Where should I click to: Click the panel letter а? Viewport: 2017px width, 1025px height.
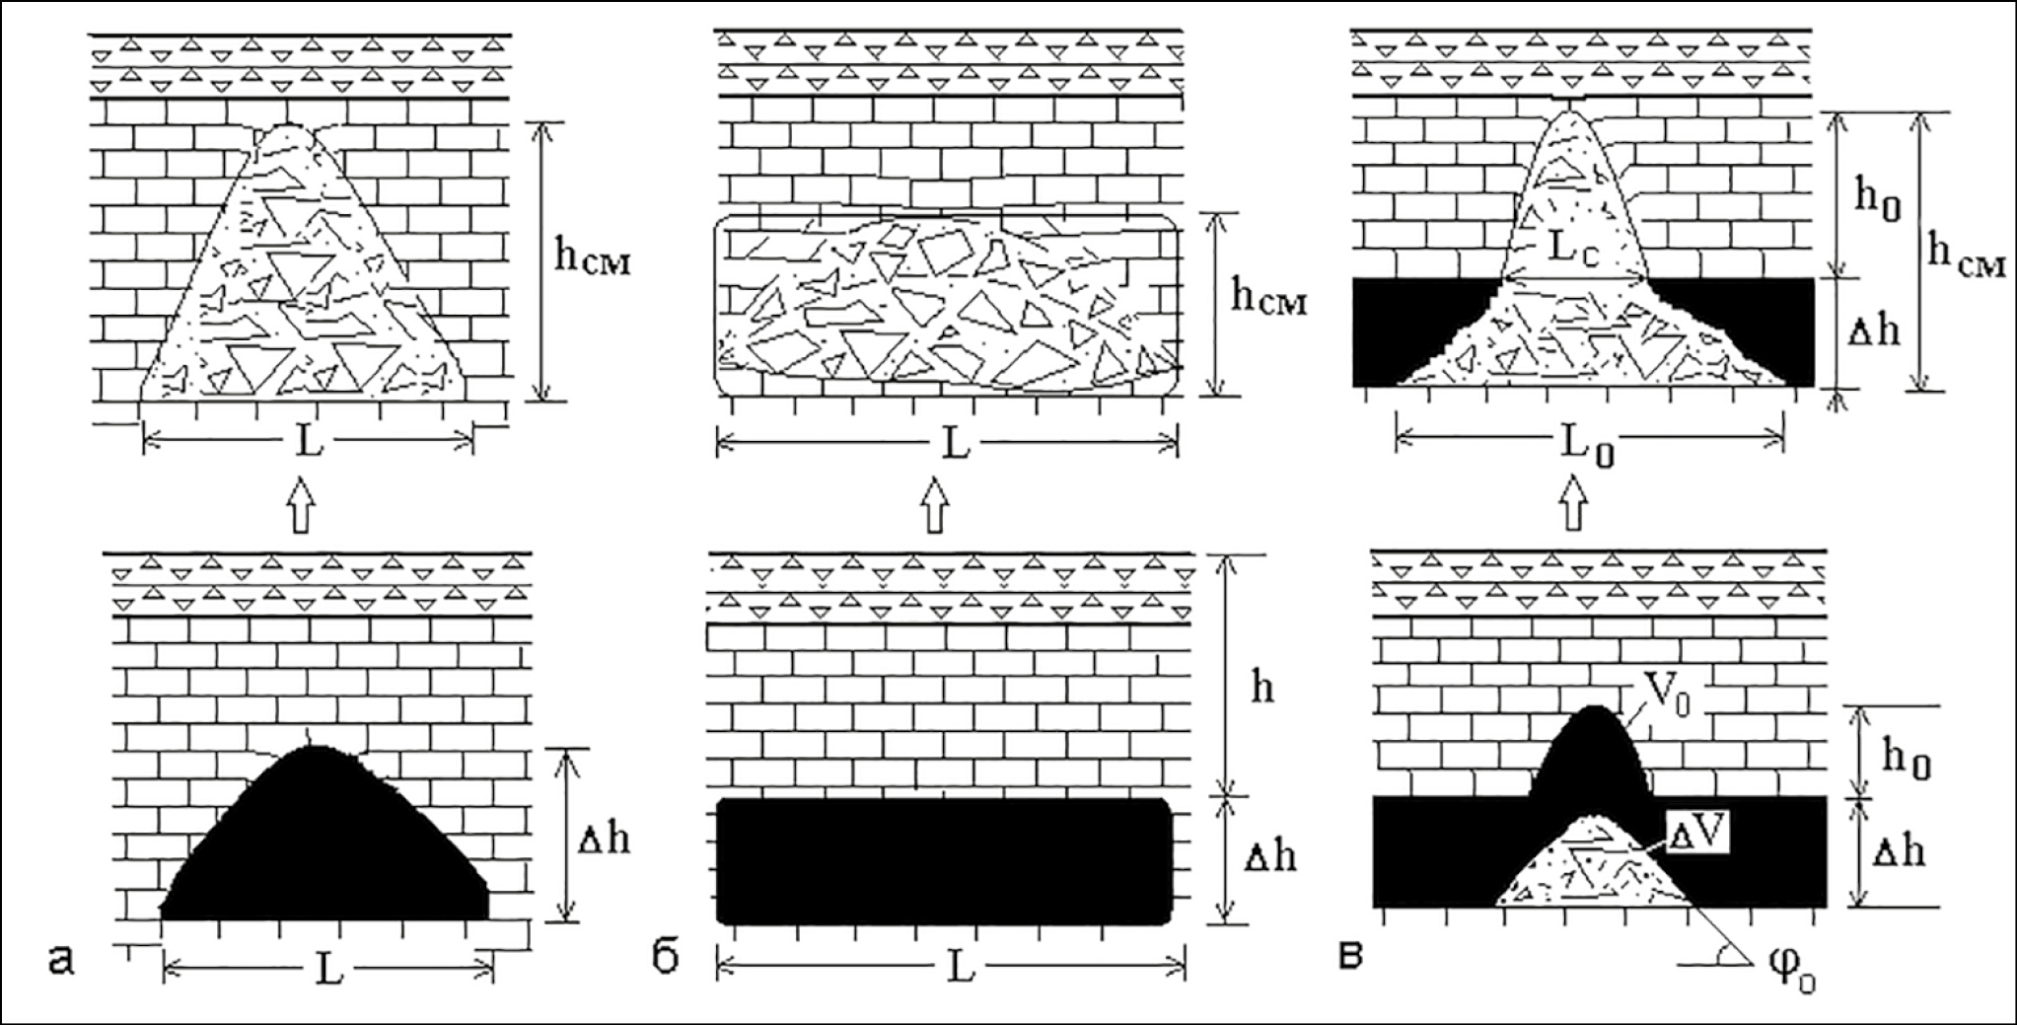(61, 958)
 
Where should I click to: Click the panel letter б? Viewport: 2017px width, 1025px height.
(667, 958)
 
